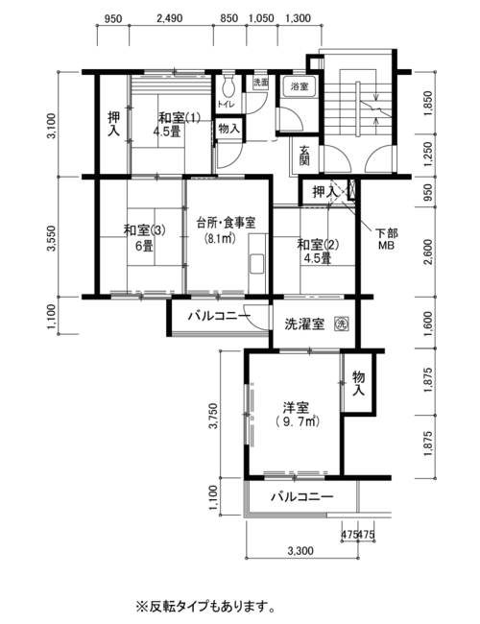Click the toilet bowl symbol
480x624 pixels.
click(x=228, y=85)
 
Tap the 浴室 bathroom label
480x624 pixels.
click(x=300, y=85)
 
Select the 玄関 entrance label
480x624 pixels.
click(x=304, y=156)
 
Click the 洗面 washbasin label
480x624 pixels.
click(x=261, y=83)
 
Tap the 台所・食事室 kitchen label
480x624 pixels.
click(x=226, y=228)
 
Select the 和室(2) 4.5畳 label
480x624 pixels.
click(x=318, y=251)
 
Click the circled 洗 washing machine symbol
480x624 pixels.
click(x=342, y=324)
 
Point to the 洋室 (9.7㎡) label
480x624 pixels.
click(x=296, y=415)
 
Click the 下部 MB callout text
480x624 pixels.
click(x=386, y=240)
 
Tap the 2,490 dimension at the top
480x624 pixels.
click(x=170, y=18)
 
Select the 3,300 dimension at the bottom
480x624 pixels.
click(x=300, y=551)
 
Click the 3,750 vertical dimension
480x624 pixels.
click(x=214, y=416)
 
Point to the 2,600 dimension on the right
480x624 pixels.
click(x=428, y=252)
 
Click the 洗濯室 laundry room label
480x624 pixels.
click(x=304, y=324)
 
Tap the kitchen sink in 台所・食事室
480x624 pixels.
click(x=257, y=263)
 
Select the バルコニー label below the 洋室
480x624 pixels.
click(x=302, y=496)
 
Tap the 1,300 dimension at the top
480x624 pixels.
click(x=299, y=18)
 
